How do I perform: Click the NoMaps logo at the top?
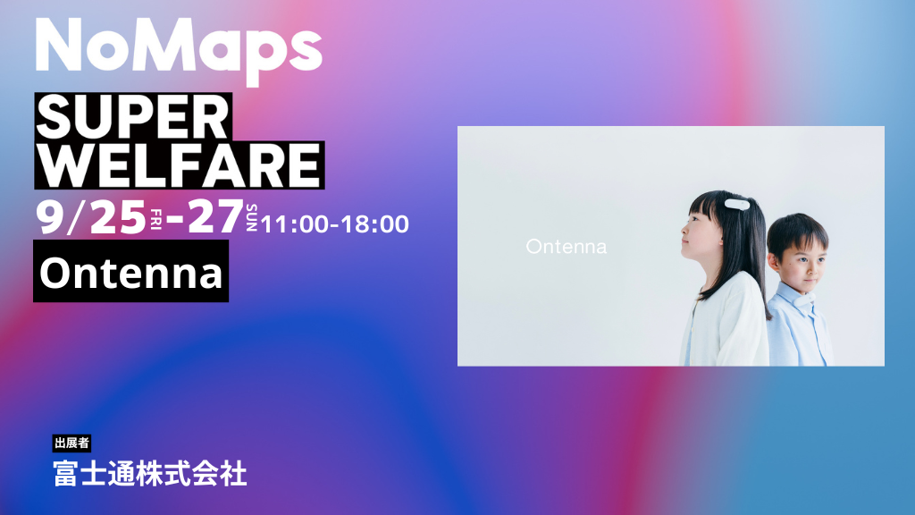click(179, 50)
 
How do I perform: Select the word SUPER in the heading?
click(133, 117)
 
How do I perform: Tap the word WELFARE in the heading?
click(179, 165)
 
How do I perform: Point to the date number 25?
click(118, 218)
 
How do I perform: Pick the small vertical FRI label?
click(155, 220)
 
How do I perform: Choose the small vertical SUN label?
click(251, 218)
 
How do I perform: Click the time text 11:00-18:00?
click(335, 224)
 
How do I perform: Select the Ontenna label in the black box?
click(131, 273)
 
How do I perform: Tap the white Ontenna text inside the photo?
click(566, 247)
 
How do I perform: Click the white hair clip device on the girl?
click(737, 205)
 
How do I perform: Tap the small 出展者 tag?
click(71, 443)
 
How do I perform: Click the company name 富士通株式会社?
click(150, 474)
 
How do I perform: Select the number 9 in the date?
click(49, 217)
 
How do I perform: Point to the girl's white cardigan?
click(726, 321)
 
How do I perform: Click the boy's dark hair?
click(797, 232)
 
